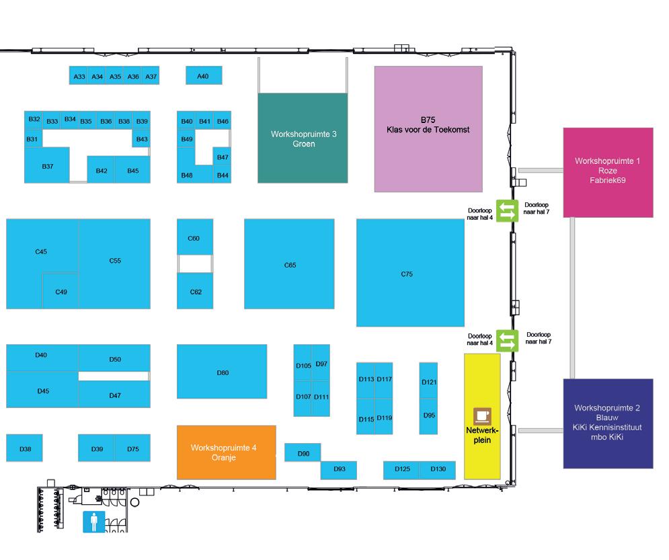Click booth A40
203,76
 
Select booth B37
47,166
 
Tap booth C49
61,292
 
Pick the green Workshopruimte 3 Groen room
303,138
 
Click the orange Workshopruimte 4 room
226,452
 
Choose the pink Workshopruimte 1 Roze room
607,171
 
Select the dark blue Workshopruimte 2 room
607,423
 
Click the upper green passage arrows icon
507,211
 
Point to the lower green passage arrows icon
507,340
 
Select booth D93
339,469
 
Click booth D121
428,382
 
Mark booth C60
194,238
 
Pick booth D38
25,448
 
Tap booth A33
79,76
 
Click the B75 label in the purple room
428,120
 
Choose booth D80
222,372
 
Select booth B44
223,175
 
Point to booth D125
401,469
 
